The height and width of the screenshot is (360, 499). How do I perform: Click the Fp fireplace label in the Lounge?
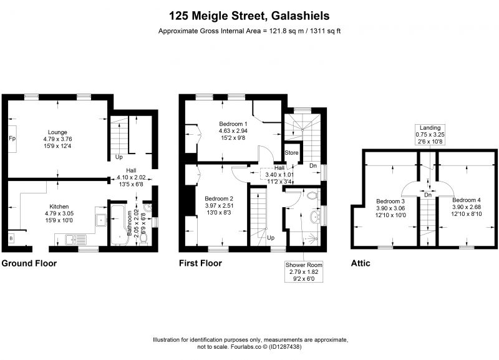[x=12, y=139]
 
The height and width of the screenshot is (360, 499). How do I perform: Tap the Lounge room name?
[x=57, y=132]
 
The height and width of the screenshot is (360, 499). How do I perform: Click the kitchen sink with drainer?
[x=76, y=240]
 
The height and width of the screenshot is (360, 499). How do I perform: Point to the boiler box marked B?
[x=11, y=238]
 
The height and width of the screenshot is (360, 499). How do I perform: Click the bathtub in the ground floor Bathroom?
[x=119, y=225]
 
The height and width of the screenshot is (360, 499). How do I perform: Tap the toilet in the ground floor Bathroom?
[x=143, y=241]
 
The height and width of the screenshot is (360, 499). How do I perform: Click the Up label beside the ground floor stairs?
[x=119, y=157]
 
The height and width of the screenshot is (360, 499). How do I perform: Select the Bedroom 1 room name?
[x=233, y=124]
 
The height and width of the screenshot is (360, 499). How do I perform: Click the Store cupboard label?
[x=291, y=153]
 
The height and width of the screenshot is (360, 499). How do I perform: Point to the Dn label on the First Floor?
[x=313, y=165]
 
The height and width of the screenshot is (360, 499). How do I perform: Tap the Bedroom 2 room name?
[x=219, y=198]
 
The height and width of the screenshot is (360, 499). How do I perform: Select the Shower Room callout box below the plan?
[x=304, y=272]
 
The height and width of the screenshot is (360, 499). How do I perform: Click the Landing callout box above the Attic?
[x=430, y=135]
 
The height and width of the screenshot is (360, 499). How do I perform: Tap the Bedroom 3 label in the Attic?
[x=390, y=201]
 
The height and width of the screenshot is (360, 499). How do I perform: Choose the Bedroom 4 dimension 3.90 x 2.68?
[x=466, y=207]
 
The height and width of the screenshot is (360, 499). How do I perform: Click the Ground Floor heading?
[x=29, y=263]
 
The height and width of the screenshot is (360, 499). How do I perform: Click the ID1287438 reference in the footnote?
[x=285, y=347]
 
